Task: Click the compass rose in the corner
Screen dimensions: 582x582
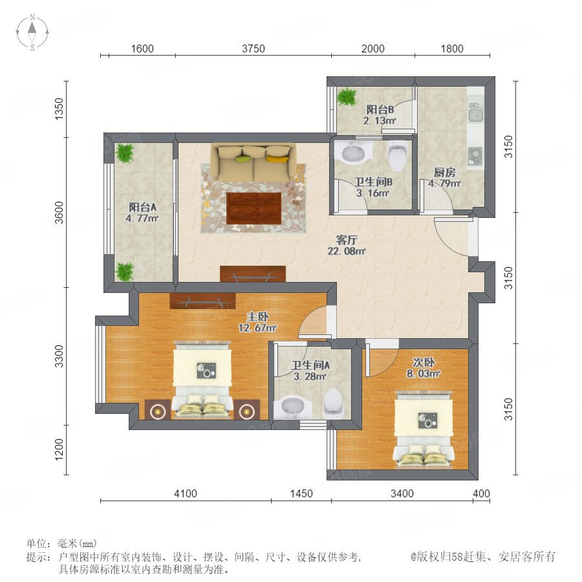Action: tap(32, 32)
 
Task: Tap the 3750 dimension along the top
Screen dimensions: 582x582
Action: tap(253, 48)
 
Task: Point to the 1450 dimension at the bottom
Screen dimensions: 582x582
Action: tap(301, 493)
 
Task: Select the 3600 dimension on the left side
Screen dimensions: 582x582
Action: tap(59, 213)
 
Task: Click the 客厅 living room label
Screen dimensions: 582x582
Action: tap(347, 239)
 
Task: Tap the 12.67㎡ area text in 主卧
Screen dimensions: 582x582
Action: tap(257, 328)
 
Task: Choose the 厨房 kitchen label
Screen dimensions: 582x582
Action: tap(445, 172)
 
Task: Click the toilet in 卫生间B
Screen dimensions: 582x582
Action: tap(397, 156)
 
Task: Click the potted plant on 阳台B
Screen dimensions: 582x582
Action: tap(347, 96)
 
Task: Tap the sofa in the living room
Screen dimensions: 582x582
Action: tap(254, 163)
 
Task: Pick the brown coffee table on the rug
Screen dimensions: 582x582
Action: tap(254, 208)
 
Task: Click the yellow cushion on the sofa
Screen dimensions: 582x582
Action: tap(277, 159)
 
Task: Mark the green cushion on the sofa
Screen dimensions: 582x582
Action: tap(242, 159)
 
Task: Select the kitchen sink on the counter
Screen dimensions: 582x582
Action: tap(476, 111)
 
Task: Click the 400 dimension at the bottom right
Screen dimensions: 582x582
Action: tap(481, 493)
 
